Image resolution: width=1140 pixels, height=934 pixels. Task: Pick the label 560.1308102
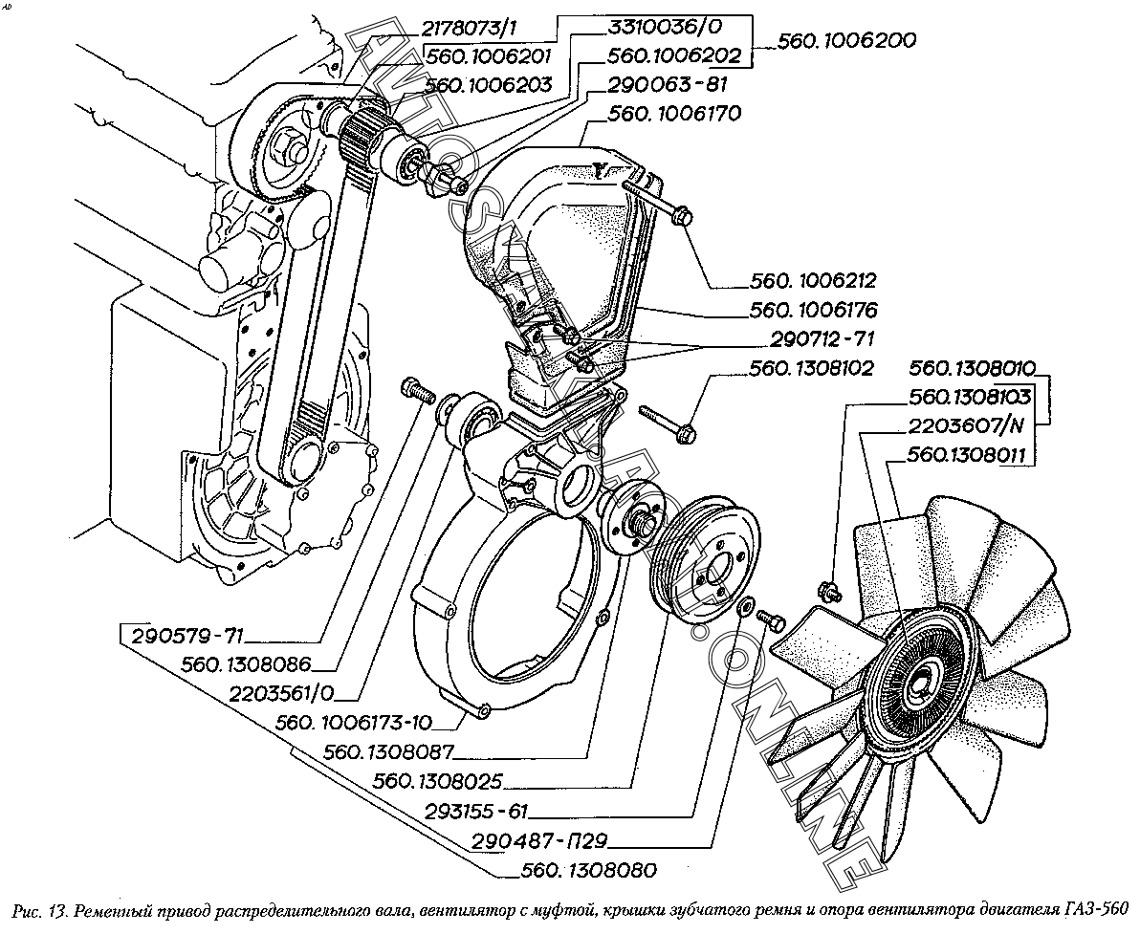[x=812, y=368]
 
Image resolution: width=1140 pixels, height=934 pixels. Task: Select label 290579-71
[x=190, y=635]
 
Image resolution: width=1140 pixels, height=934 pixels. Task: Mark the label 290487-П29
[x=539, y=842]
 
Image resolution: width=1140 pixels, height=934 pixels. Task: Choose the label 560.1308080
[x=590, y=871]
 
